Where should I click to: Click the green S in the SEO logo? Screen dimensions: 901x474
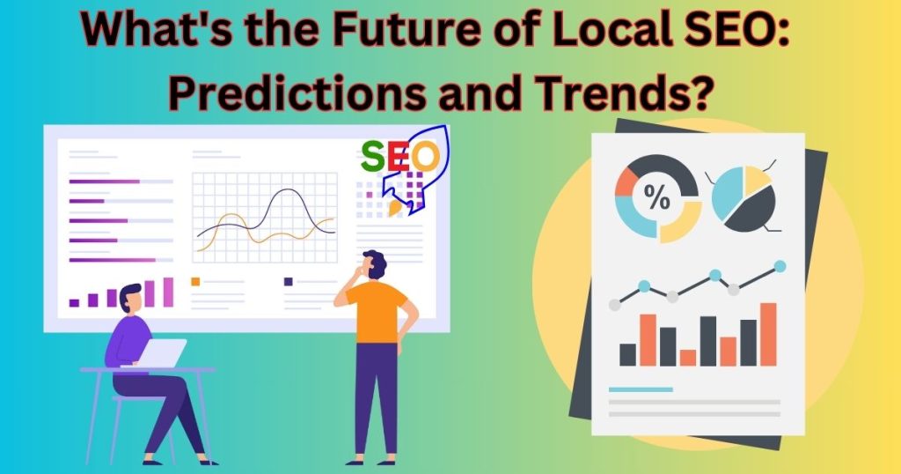[373, 157]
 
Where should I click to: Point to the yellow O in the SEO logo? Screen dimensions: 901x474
[426, 157]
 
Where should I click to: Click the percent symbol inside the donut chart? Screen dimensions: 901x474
[656, 197]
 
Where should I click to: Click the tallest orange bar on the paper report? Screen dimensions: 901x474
[768, 334]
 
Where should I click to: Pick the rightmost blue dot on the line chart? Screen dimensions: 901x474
[780, 266]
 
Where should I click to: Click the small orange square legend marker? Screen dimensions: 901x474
[195, 281]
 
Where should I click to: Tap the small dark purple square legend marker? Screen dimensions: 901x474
[289, 281]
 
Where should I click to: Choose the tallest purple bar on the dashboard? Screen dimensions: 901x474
[168, 293]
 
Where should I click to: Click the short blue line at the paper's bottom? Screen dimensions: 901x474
[641, 389]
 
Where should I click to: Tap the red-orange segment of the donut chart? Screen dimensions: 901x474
[626, 183]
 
